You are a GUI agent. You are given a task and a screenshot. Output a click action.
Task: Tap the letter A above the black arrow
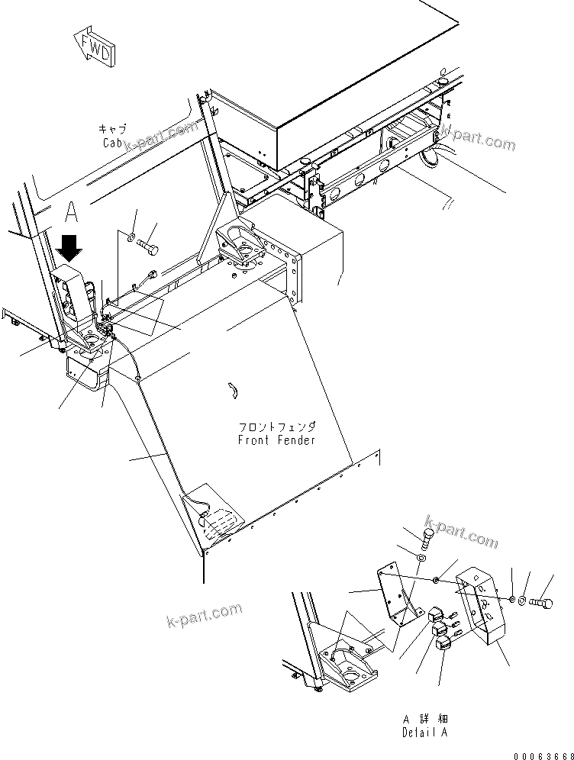[x=72, y=211]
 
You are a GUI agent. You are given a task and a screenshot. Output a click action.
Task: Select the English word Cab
[x=113, y=143]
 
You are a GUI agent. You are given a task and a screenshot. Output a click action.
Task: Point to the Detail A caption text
[x=424, y=733]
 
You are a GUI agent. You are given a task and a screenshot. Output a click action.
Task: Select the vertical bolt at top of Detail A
[x=428, y=539]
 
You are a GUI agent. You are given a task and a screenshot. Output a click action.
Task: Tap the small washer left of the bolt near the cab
[x=134, y=238]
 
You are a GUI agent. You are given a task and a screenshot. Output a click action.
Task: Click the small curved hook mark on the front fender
[x=235, y=390]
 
